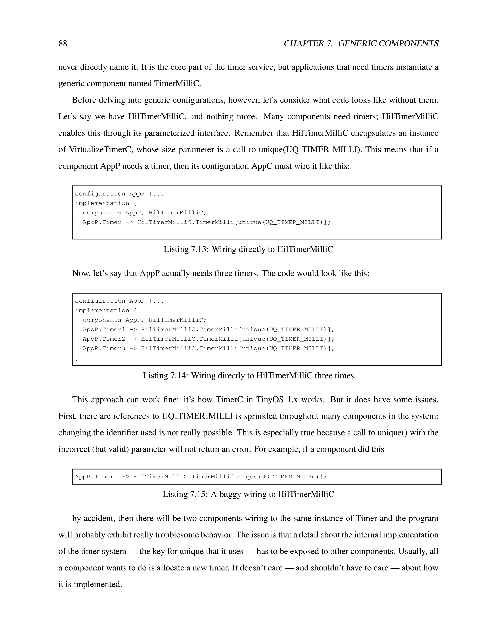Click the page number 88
point(63,44)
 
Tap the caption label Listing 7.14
point(165,376)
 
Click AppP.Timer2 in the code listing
point(104,339)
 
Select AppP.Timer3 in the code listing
point(104,349)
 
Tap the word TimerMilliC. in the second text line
point(178,84)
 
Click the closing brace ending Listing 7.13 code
point(77,232)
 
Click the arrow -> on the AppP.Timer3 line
point(133,349)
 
